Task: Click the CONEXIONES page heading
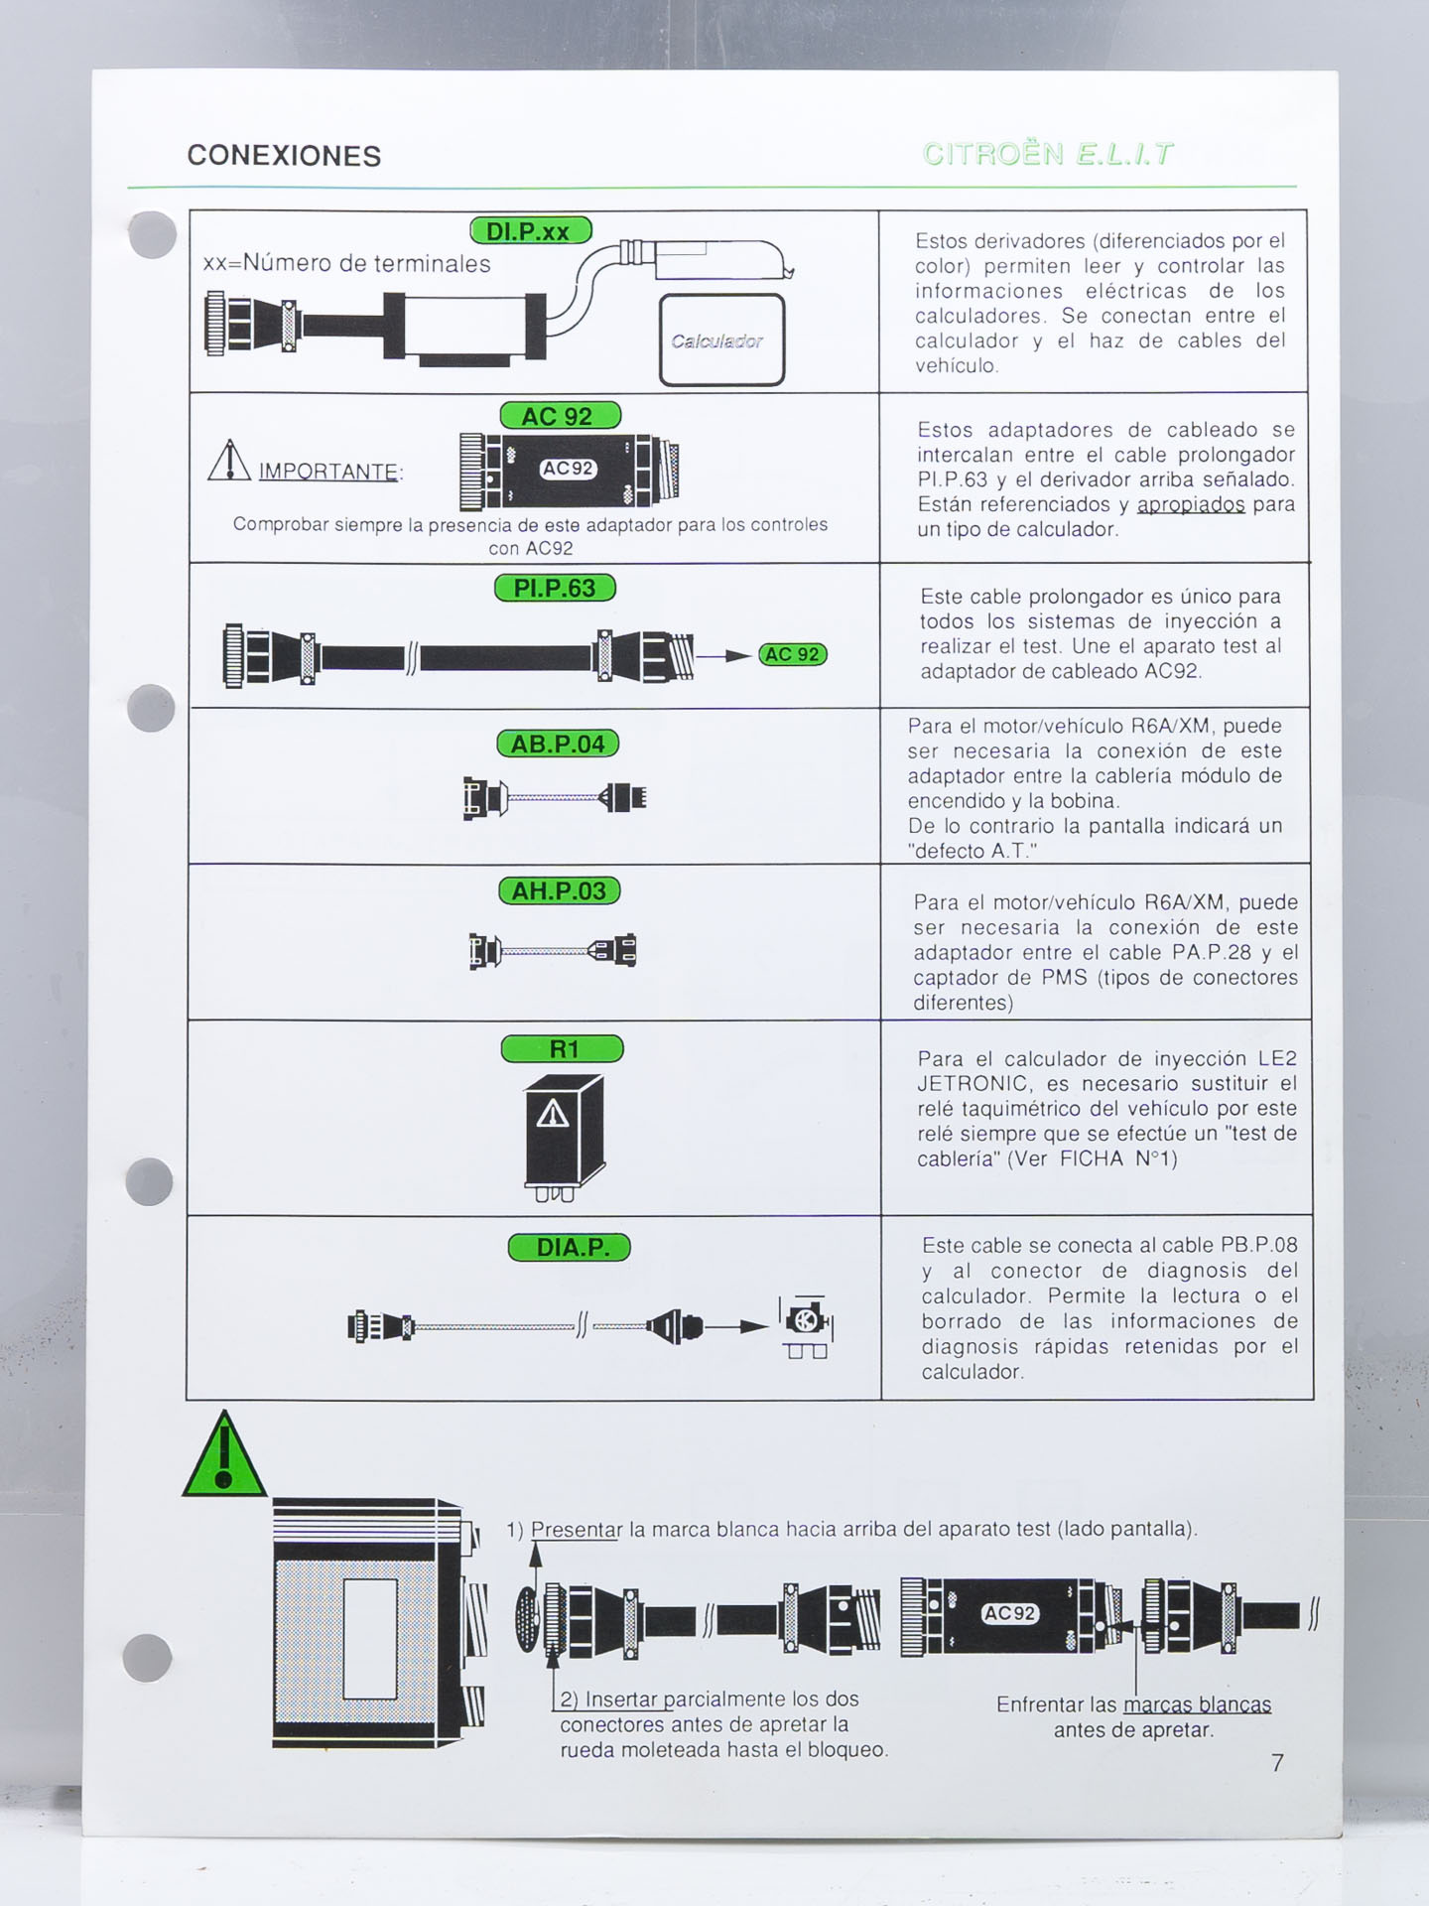coord(284,156)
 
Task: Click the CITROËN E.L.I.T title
coord(1048,155)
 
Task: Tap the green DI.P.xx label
coord(530,231)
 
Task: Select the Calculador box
coord(721,340)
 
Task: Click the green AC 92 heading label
coord(560,416)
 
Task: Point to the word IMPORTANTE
coord(328,472)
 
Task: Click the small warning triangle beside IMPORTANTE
coord(229,461)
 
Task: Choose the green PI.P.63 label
coord(555,589)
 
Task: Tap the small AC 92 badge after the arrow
coord(792,655)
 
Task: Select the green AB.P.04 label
coord(558,745)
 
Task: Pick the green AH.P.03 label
coord(559,891)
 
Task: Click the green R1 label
coord(563,1049)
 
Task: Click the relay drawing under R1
coord(563,1137)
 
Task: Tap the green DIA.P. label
coord(569,1248)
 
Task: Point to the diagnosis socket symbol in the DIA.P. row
coord(807,1325)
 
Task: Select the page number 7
coord(1277,1763)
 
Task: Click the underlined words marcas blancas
coord(1197,1705)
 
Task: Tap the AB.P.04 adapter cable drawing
coord(554,797)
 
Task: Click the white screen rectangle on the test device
coord(370,1639)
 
